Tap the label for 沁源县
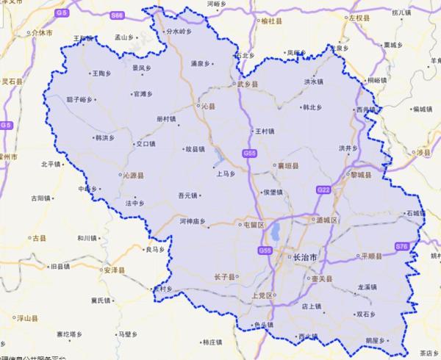tap(132, 176)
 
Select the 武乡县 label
tap(246, 85)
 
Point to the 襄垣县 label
tap(286, 167)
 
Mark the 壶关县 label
tap(320, 279)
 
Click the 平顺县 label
tap(372, 256)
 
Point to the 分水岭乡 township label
tap(177, 32)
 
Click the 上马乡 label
tap(224, 175)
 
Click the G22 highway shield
tap(323, 190)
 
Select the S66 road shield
tap(117, 14)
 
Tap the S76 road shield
tap(401, 245)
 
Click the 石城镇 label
tap(414, 213)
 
